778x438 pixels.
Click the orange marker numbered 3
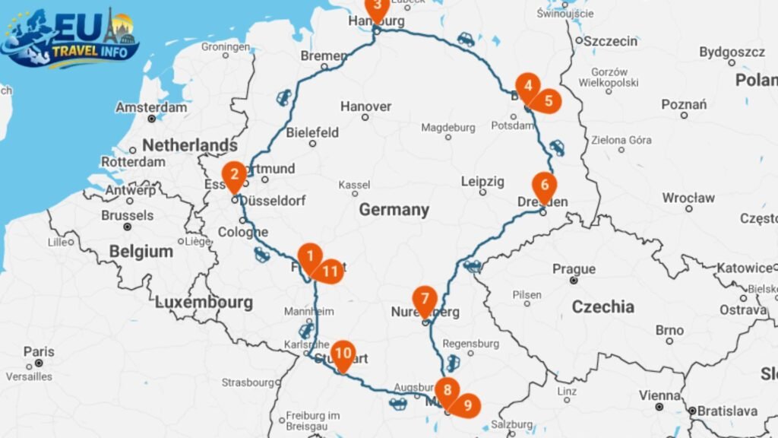[377, 7]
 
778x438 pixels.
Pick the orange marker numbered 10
[343, 354]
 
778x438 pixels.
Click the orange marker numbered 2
[234, 174]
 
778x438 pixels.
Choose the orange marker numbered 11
[330, 271]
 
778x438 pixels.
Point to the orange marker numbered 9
[466, 405]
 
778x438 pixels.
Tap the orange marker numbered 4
[527, 86]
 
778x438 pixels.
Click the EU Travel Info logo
[70, 38]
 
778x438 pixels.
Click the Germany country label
[394, 209]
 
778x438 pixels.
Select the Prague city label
[574, 268]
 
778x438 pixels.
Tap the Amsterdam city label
[151, 107]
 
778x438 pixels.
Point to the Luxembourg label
[204, 302]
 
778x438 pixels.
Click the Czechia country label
[602, 306]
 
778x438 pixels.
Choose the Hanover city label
[365, 106]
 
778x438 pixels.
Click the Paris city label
[39, 351]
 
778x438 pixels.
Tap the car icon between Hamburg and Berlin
[465, 39]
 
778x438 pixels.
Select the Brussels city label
[127, 215]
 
